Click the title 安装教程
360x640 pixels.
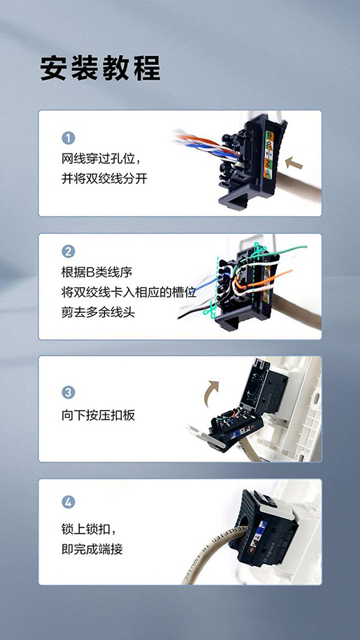click(100, 68)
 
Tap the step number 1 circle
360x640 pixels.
click(68, 138)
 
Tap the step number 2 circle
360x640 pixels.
click(68, 251)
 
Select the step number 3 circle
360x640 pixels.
click(68, 392)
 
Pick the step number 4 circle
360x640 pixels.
click(68, 502)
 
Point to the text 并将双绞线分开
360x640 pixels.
click(105, 178)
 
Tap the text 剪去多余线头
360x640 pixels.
click(98, 312)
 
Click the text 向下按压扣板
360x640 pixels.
click(98, 415)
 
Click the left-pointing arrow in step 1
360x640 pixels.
click(294, 163)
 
